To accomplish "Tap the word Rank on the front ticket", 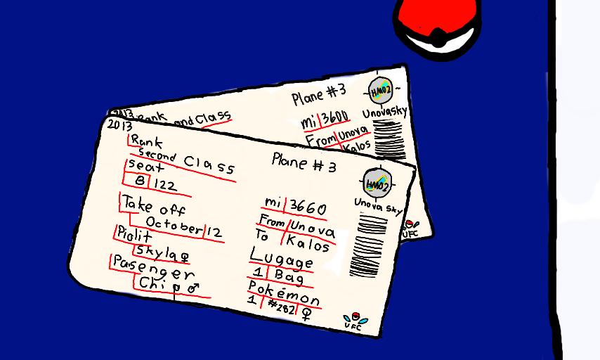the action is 146,140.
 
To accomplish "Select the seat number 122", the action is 166,185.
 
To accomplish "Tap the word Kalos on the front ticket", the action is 309,247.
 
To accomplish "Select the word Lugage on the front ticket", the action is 281,260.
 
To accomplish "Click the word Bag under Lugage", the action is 289,280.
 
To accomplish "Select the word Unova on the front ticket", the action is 313,229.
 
